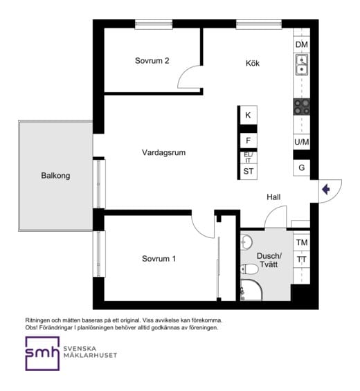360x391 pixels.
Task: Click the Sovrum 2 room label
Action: point(152,61)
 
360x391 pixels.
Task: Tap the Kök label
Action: point(253,63)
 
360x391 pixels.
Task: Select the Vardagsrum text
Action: point(163,152)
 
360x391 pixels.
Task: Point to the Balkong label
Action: point(55,176)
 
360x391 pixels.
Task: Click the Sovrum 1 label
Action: point(159,259)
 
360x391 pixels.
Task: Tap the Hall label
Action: point(273,197)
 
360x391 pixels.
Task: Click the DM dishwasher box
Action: point(302,44)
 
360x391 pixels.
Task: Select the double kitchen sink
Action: point(302,65)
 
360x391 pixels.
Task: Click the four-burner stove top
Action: point(302,107)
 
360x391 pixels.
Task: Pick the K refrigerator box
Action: point(249,115)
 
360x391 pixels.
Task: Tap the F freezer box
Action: point(249,140)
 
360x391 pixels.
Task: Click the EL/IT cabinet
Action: point(249,158)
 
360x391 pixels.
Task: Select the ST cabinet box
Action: point(249,172)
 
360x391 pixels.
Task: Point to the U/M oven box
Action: point(302,142)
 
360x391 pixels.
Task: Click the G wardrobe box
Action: point(302,167)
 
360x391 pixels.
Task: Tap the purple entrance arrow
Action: point(326,190)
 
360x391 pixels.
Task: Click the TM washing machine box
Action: point(302,242)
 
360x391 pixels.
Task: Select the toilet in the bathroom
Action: point(249,269)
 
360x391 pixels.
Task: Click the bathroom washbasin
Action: point(246,242)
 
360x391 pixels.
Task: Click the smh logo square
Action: point(42,354)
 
